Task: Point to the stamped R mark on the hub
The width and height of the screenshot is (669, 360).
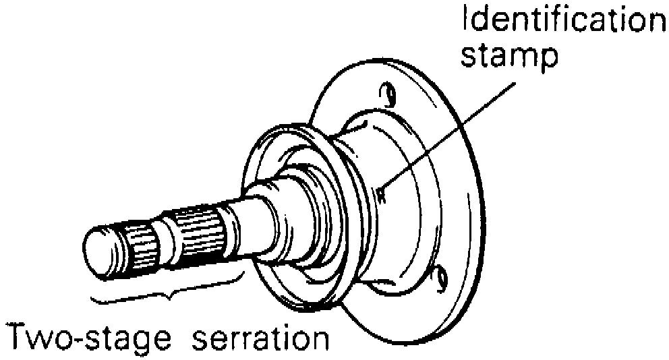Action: pos(381,196)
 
